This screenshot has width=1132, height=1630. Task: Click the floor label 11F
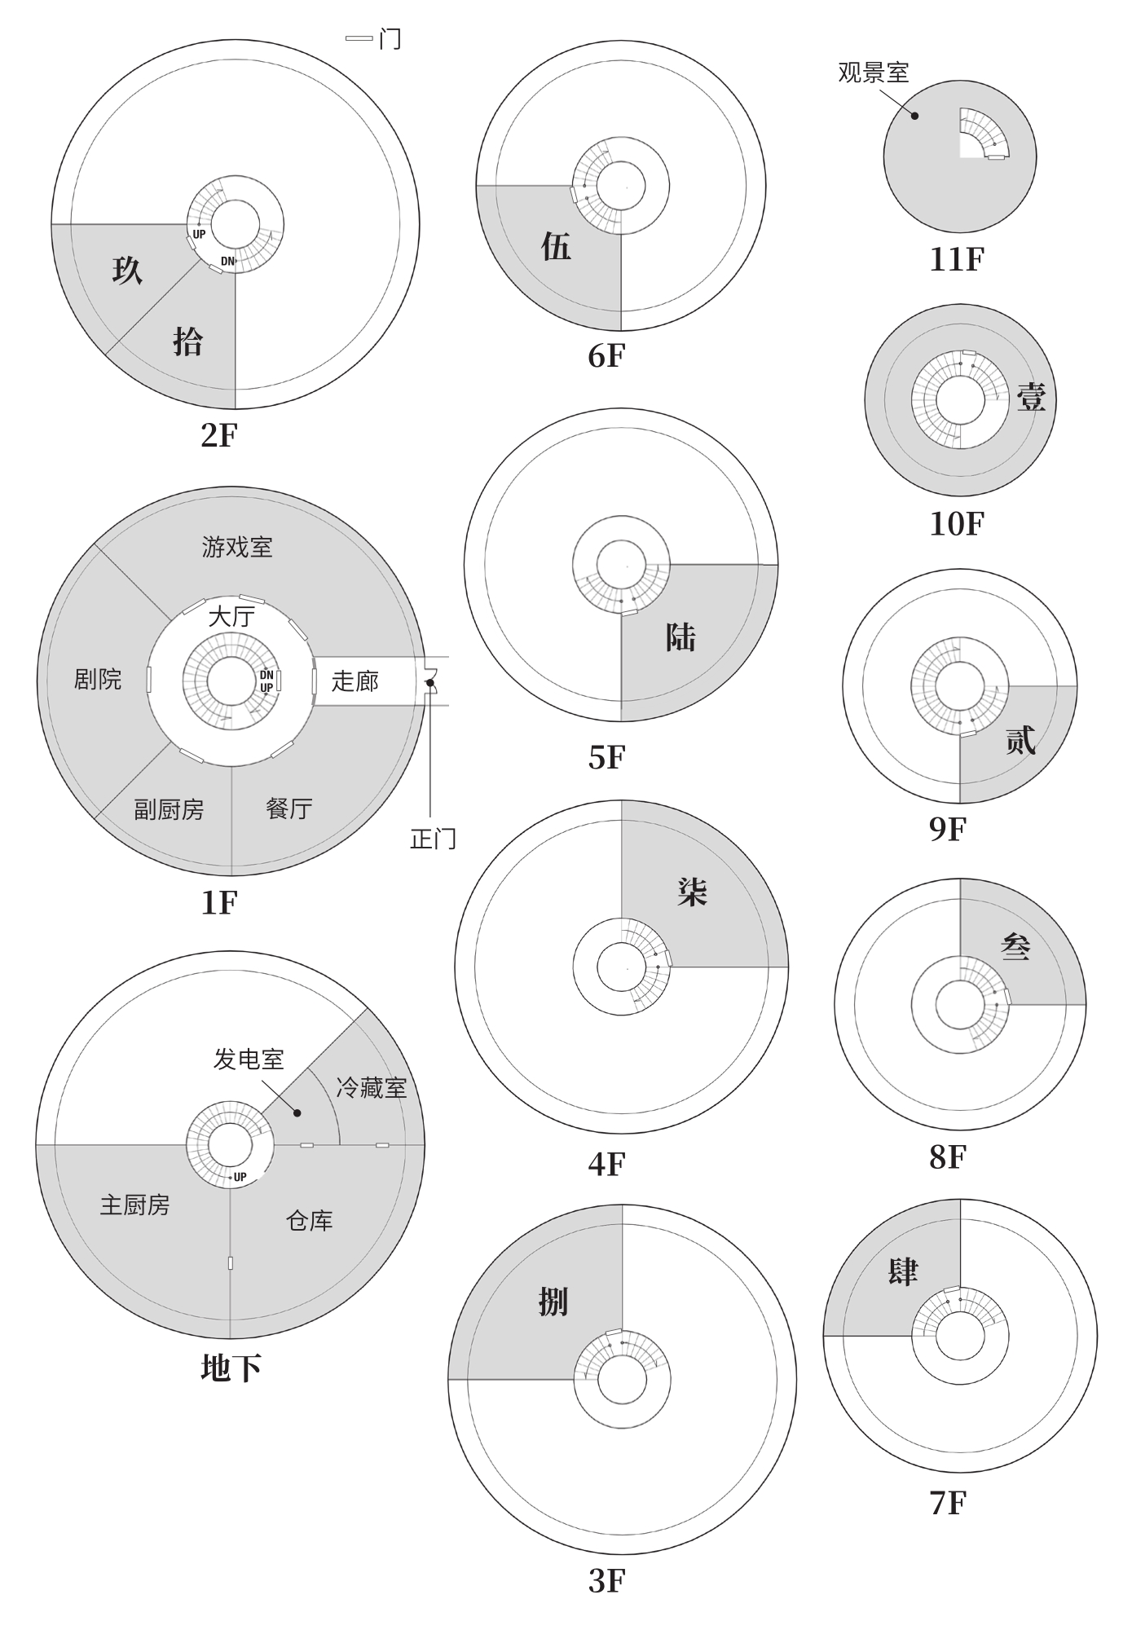point(957,260)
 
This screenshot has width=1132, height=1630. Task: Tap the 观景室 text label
point(873,73)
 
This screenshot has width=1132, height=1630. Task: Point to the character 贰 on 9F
point(1020,740)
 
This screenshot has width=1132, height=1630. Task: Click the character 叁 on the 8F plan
point(1015,946)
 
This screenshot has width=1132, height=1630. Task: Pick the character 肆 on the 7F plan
point(903,1271)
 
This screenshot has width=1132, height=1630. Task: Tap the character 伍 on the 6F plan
point(556,246)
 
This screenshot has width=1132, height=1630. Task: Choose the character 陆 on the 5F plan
point(681,637)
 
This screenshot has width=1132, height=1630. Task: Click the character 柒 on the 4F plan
point(692,892)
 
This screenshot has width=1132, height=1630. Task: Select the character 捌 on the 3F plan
point(553,1302)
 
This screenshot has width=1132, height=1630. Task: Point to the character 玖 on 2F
point(128,270)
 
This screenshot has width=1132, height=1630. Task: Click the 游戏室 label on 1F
point(237,547)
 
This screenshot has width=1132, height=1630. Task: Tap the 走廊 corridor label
point(355,681)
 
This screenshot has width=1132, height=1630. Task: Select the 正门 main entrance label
point(433,839)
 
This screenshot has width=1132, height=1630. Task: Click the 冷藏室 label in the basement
point(372,1088)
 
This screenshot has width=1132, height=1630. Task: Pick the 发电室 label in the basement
point(249,1059)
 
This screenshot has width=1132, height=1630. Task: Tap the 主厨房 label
point(135,1205)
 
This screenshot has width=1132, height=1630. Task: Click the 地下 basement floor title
point(231,1368)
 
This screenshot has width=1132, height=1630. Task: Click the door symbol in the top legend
point(359,38)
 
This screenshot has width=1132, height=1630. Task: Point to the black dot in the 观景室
point(914,116)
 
